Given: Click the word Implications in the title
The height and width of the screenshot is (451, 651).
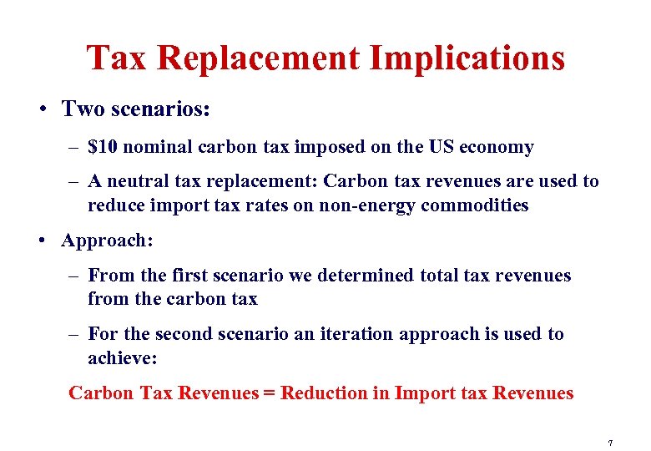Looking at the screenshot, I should (467, 58).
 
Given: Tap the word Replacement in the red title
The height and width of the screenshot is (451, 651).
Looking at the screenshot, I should (260, 58).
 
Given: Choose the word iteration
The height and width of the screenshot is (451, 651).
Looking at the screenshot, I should (357, 334).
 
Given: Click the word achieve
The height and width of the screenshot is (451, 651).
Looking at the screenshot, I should (120, 358).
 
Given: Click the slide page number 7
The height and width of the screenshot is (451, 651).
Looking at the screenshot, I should (611, 443).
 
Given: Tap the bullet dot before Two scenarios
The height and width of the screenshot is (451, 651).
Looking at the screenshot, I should (41, 110).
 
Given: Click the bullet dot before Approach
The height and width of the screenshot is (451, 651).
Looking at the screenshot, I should (41, 241).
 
